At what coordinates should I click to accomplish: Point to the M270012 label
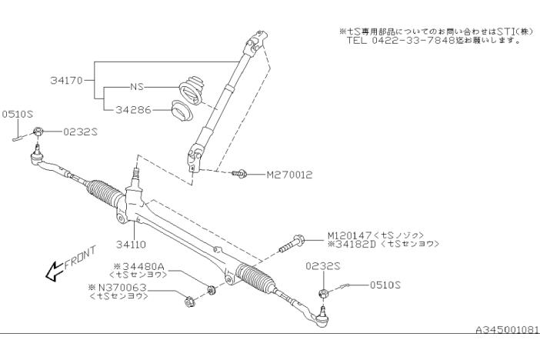(289, 175)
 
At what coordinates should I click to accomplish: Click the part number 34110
(132, 246)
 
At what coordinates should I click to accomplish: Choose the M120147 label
(351, 235)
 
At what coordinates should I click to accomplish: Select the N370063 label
(122, 287)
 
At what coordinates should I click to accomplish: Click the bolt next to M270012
(240, 175)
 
